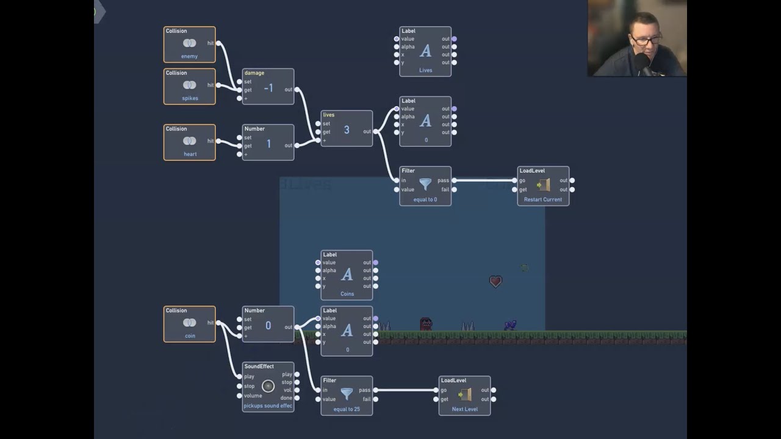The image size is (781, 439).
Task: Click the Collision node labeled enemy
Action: (189, 44)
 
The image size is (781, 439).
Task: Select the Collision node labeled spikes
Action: (189, 86)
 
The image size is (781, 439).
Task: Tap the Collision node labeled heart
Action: (189, 142)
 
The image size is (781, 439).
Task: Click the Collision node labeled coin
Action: (189, 324)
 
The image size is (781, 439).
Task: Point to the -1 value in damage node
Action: (268, 88)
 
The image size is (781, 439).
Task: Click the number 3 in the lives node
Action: (347, 130)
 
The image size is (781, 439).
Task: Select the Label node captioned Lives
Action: (425, 52)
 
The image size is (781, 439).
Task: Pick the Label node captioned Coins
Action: (347, 275)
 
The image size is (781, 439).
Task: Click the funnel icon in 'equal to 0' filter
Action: (425, 184)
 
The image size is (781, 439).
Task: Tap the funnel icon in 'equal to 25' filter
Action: (347, 393)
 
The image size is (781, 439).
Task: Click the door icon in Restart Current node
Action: (543, 184)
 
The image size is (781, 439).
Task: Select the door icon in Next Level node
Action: (464, 394)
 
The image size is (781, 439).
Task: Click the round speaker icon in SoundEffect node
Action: (268, 386)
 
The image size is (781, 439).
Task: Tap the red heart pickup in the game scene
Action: (495, 281)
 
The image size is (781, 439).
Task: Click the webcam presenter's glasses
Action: (646, 41)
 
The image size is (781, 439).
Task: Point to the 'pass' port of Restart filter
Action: (454, 180)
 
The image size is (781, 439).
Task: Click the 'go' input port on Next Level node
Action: (436, 390)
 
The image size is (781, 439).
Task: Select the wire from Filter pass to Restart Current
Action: (485, 180)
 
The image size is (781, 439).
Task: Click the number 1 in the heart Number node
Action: (268, 144)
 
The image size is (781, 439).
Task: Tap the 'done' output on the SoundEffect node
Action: (297, 398)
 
